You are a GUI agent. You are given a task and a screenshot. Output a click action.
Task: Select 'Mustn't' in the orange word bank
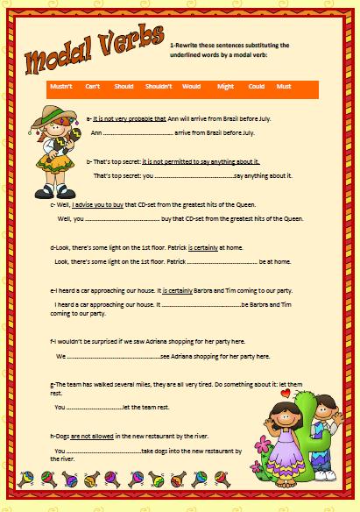60,87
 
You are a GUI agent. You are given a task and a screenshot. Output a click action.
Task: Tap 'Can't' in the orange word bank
92,87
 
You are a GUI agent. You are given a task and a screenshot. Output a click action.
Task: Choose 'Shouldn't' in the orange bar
159,87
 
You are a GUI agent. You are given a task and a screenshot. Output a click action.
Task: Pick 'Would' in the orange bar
192,87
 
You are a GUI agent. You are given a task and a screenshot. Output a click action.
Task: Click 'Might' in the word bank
225,87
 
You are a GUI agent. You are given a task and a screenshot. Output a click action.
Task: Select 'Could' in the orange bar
256,87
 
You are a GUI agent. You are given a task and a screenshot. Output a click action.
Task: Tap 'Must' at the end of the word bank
284,87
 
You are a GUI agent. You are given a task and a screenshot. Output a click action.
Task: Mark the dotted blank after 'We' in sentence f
113,357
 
